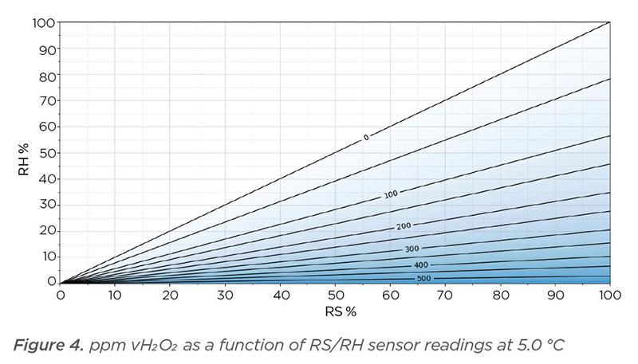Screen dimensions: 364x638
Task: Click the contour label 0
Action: point(366,138)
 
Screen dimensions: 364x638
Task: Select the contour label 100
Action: point(390,194)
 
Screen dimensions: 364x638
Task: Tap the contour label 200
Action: point(404,226)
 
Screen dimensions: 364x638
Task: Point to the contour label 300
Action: point(412,249)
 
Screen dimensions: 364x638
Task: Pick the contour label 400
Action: point(420,265)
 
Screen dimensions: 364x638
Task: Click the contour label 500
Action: point(424,279)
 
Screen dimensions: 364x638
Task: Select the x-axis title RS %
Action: point(335,310)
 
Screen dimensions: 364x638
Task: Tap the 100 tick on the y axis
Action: point(43,23)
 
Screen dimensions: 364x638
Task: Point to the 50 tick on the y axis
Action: point(47,152)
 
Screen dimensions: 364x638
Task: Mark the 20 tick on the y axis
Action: point(47,230)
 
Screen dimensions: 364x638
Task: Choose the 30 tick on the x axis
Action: point(226,296)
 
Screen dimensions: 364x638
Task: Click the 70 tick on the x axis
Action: point(446,296)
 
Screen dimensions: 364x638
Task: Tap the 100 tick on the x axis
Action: point(610,296)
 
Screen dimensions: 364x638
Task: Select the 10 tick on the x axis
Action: point(116,296)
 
